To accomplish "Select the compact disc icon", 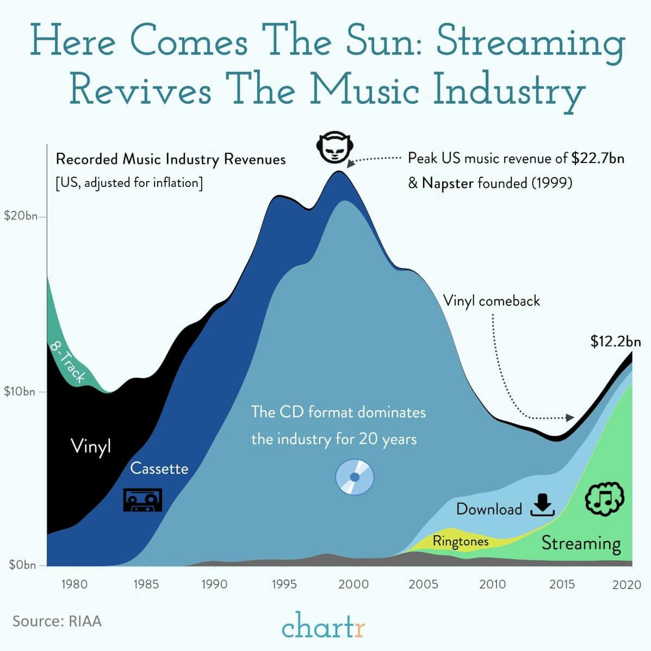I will coord(355,477).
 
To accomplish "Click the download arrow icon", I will coord(542,505).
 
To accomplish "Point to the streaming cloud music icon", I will coord(604,498).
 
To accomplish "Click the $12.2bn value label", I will coord(615,342).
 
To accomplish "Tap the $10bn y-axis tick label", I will coord(20,391).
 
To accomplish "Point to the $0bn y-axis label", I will coord(22,565).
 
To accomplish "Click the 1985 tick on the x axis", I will coord(146,585).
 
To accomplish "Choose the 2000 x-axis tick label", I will coord(354,585).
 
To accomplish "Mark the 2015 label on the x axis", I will coord(562,585).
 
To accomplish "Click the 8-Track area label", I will coord(68,361).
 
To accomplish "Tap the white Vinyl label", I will coord(91,446).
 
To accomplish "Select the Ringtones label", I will coord(460,541).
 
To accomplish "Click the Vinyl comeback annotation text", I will coord(491,301).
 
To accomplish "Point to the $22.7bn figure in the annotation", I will coord(597,159).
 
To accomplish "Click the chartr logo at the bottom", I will coord(324,625).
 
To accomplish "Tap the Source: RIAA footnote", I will coord(57,621).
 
